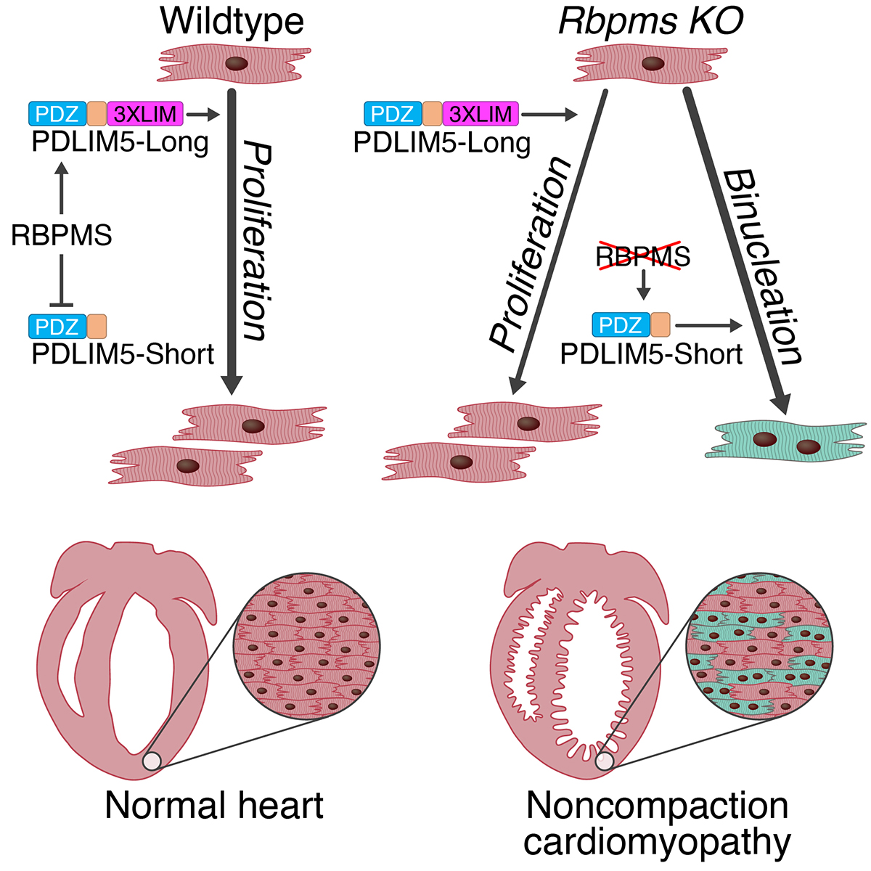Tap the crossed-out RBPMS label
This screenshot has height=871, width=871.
(642, 256)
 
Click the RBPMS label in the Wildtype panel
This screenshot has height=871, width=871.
(62, 235)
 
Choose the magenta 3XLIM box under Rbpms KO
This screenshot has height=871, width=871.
(480, 114)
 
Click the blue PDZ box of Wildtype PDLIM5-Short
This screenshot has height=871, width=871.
(57, 326)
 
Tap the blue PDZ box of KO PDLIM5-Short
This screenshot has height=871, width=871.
(621, 324)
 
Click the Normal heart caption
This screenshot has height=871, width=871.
(214, 806)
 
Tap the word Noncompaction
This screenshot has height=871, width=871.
(657, 806)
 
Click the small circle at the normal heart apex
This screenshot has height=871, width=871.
(152, 760)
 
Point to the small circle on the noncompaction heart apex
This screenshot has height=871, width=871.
(605, 760)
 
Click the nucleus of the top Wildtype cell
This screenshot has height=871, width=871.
(236, 64)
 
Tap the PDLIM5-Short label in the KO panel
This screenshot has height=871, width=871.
(651, 353)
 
